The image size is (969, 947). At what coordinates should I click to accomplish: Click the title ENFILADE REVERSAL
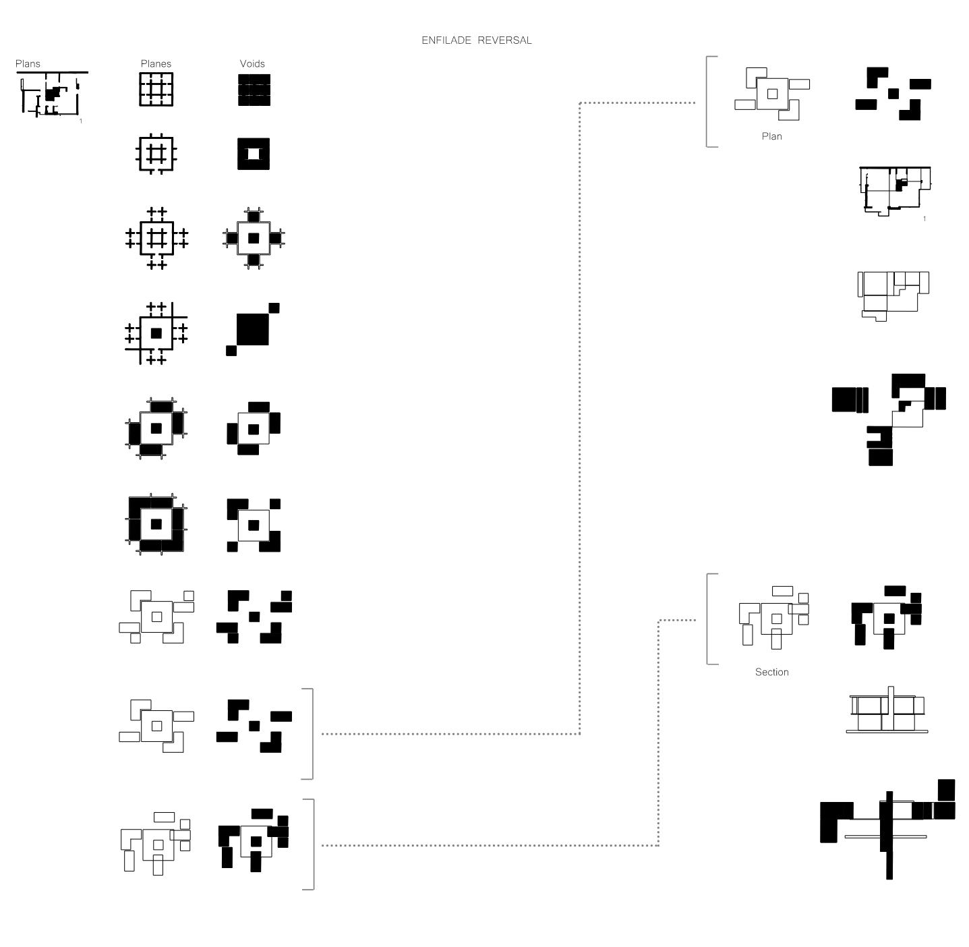tap(476, 40)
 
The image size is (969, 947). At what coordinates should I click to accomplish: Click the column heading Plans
tap(28, 64)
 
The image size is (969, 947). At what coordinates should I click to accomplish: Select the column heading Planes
tap(156, 64)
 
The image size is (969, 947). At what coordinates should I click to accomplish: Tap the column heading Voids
tap(252, 64)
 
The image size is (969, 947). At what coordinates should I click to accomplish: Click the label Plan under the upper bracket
tap(771, 136)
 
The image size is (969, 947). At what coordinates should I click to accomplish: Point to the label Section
tap(771, 672)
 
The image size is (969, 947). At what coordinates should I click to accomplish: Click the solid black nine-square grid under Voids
tap(254, 90)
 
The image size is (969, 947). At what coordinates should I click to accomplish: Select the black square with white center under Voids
tap(254, 154)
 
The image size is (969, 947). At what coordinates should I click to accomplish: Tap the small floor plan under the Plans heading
tap(51, 94)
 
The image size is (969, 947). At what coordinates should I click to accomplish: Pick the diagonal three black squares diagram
tap(252, 329)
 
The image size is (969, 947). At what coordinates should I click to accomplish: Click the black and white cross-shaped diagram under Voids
tap(254, 238)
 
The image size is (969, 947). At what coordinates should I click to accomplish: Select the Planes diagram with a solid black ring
tap(156, 524)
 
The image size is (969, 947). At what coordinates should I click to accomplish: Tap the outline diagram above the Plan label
tap(771, 94)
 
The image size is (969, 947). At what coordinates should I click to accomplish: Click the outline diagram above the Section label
tap(774, 618)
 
